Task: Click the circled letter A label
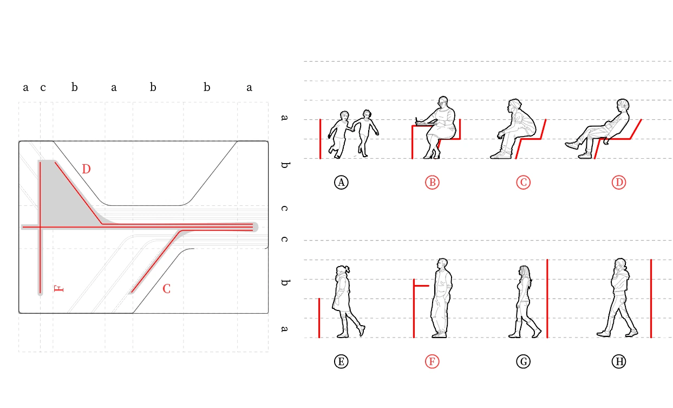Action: pos(341,183)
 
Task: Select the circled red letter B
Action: pos(432,183)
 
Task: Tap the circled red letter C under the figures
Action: pos(523,183)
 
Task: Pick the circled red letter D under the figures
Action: pos(619,183)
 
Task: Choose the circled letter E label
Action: pos(341,361)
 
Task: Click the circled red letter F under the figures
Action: pos(432,361)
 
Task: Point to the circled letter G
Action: pos(523,361)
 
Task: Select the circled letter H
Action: pos(619,361)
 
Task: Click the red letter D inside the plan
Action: pos(86,169)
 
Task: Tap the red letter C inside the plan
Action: pos(166,289)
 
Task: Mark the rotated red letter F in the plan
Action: pos(58,289)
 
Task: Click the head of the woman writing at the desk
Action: pos(443,102)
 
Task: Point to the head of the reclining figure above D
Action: pos(623,105)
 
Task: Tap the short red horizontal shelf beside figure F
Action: pos(422,286)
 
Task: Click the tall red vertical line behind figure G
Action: pos(547,299)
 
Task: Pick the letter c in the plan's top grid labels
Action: pos(43,87)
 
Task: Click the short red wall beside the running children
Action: pos(321,139)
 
